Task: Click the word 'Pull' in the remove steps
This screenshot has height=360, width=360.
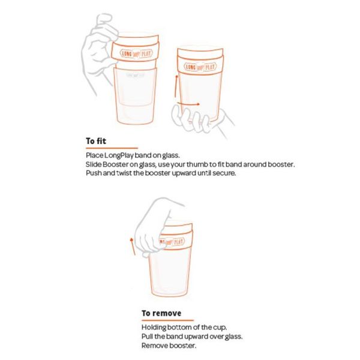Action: pyautogui.click(x=148, y=337)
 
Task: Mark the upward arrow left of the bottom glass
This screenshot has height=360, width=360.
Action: pyautogui.click(x=131, y=243)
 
